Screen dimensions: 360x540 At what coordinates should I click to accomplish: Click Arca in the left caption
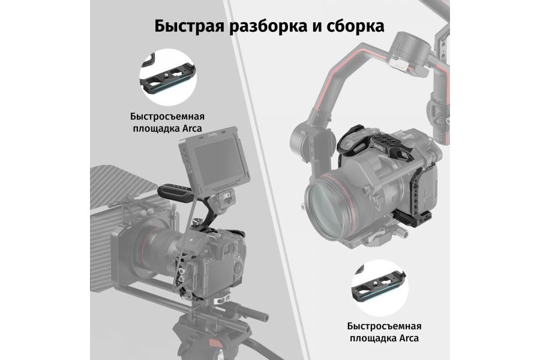[x=189, y=128]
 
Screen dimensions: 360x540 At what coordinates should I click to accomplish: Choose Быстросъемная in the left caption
[x=165, y=116]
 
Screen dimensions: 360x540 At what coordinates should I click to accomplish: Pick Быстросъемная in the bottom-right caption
[x=384, y=326]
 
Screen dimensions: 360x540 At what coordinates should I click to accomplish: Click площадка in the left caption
[x=153, y=128]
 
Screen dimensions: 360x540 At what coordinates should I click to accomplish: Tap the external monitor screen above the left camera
[x=213, y=161]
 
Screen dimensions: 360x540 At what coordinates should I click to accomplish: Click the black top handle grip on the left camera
[x=173, y=191]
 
